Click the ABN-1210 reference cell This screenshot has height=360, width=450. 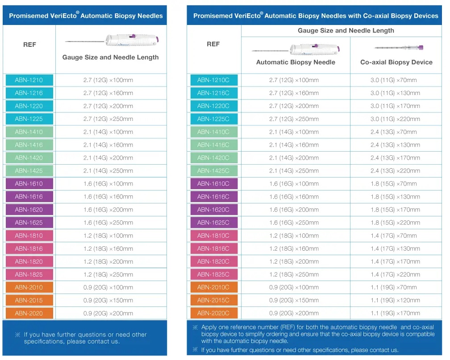(x=29, y=80)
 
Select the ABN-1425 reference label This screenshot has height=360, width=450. (x=29, y=171)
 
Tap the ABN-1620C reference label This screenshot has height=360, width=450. (x=214, y=210)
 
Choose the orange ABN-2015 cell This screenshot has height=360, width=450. (x=29, y=300)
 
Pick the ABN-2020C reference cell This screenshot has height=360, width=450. (x=214, y=313)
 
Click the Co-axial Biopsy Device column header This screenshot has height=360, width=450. (x=396, y=62)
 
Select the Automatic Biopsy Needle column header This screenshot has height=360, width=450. (x=296, y=62)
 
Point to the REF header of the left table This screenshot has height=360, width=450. (x=29, y=45)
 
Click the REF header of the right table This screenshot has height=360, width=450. (x=213, y=44)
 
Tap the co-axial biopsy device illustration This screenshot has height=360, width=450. (x=398, y=47)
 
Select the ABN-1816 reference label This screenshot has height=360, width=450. (x=29, y=248)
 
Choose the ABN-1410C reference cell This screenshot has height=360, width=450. (x=214, y=132)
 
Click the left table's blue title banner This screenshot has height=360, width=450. (x=85, y=16)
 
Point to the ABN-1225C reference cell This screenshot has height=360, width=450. (x=214, y=119)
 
